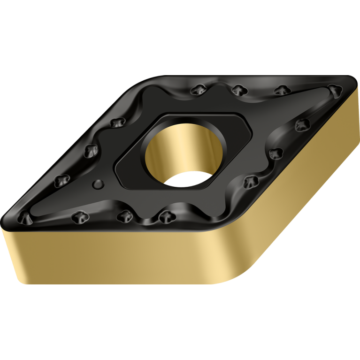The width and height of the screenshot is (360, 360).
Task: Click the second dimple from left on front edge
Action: (x=78, y=217)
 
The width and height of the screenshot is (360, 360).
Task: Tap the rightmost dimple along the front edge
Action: (x=164, y=216)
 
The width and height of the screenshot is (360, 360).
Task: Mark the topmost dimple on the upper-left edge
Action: (x=115, y=123)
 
